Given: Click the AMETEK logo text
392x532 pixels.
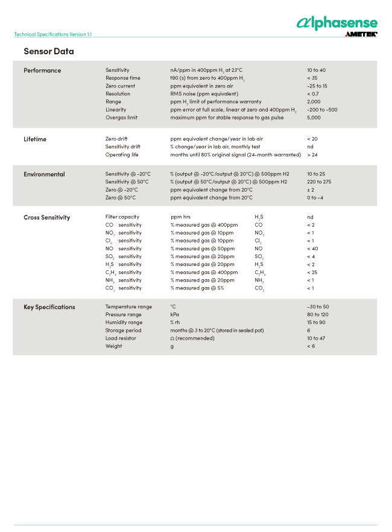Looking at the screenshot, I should click(361, 35).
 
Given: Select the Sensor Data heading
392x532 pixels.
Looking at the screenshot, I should click(48, 51).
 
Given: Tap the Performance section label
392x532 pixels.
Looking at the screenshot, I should click(42, 71).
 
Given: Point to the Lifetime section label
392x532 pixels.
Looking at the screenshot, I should click(35, 139).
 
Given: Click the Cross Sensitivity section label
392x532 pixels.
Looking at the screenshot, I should click(46, 218).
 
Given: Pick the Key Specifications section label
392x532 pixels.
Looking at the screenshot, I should click(49, 307).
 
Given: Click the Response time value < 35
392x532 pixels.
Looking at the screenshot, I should click(312, 78).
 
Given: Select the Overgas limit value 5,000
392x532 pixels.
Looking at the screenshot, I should click(314, 118).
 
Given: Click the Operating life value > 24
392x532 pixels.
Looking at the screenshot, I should click(312, 155).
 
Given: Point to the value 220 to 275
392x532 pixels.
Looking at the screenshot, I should click(318, 182).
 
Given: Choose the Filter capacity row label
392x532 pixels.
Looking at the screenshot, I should click(122, 217).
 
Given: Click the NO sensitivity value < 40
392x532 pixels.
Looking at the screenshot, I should click(312, 249).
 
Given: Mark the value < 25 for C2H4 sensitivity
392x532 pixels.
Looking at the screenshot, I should click(312, 272).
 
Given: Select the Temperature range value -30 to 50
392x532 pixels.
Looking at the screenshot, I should click(318, 307).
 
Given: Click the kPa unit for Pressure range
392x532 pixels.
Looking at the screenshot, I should click(174, 315).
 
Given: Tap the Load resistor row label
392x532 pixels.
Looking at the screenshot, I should click(121, 338).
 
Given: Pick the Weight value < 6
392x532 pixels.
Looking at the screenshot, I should click(311, 346).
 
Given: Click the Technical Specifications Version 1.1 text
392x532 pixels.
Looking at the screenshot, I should click(53, 34).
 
